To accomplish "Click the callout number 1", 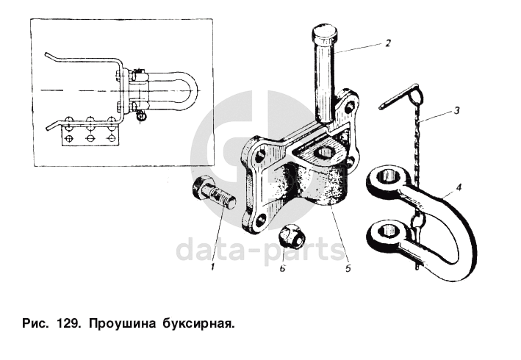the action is tap(212, 266).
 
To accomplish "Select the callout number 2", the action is tap(388, 43).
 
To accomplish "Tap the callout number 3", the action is tap(457, 110).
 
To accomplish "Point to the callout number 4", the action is tap(459, 188).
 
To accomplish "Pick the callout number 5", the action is tap(348, 267).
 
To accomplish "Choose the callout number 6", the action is tap(282, 267).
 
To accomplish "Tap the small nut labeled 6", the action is tap(292, 235).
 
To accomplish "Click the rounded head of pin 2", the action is tap(325, 32).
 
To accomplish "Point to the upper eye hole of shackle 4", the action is tap(388, 176).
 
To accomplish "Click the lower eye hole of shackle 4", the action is tap(388, 230).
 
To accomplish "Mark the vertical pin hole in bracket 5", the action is tap(325, 153).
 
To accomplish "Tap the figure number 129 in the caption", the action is tap(68, 323).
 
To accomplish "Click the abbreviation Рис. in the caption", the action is tap(35, 323).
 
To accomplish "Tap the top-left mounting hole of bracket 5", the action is tap(259, 154).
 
